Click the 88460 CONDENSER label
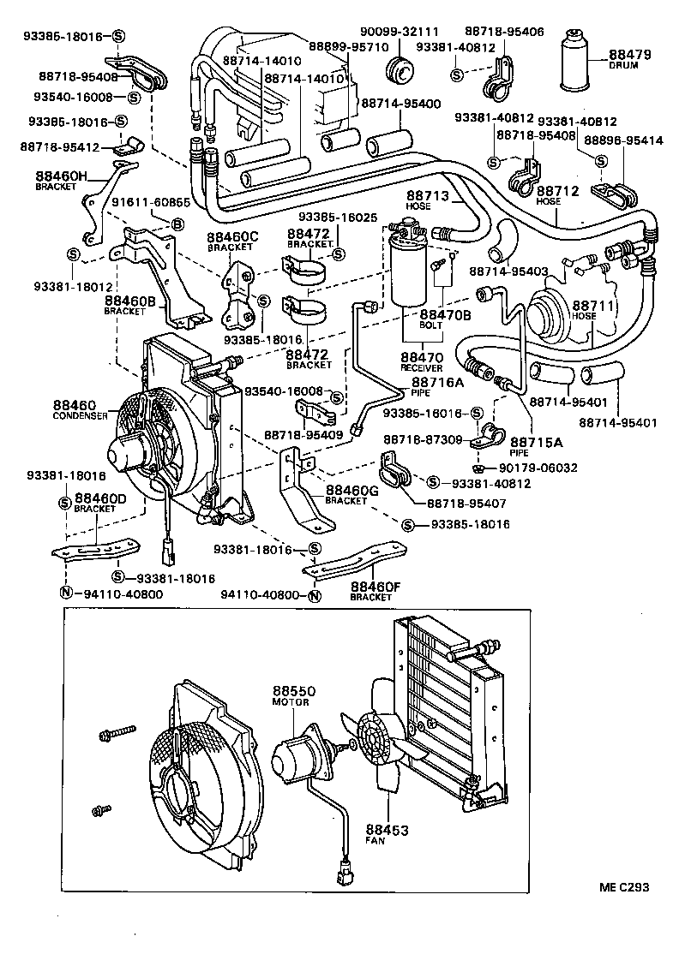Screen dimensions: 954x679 pyautogui.click(x=77, y=409)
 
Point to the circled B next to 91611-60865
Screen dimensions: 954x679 pyautogui.click(x=178, y=224)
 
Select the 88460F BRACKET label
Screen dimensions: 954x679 pyautogui.click(x=376, y=590)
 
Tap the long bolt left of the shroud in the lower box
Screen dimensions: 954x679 pyautogui.click(x=117, y=732)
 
